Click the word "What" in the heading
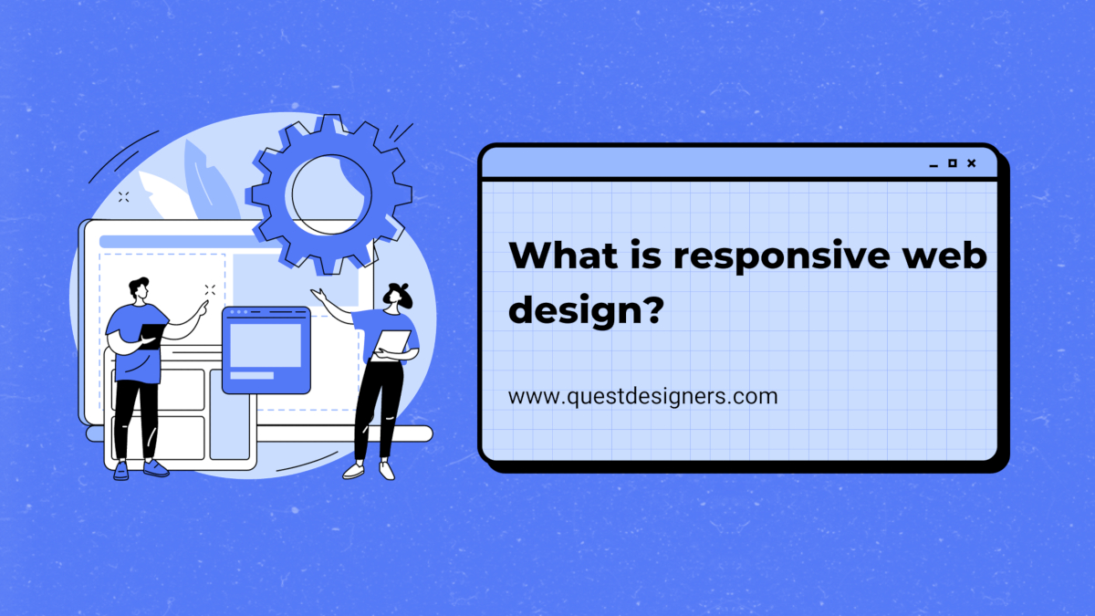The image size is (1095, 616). [564, 255]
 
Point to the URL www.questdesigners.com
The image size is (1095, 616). [642, 396]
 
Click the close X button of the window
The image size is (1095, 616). [971, 163]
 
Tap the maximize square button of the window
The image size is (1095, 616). [953, 163]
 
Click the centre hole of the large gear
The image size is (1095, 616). [331, 194]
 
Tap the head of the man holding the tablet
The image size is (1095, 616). [140, 289]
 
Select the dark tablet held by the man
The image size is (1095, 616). [152, 336]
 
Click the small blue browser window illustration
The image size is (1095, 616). [266, 350]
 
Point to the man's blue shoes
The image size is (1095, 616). [141, 469]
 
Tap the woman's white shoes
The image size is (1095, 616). [369, 470]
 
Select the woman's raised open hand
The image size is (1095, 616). [318, 295]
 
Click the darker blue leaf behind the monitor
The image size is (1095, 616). [210, 181]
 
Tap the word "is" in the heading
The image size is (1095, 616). [646, 255]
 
